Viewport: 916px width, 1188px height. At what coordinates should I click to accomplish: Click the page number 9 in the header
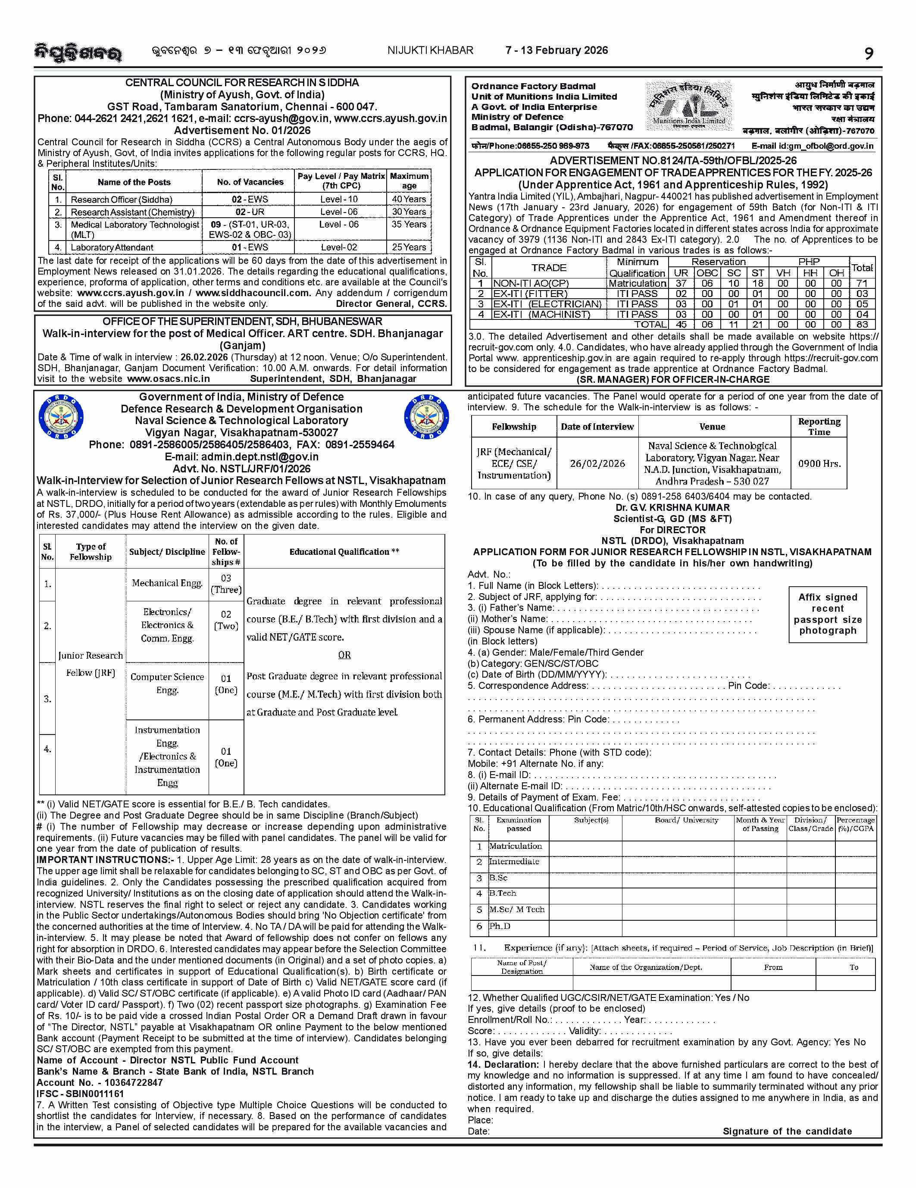[869, 54]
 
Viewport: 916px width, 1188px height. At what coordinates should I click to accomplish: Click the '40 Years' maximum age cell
[409, 200]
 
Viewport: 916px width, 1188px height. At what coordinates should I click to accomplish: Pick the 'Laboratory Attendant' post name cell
[112, 247]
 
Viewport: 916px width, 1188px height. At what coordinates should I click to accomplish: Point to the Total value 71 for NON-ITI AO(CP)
[862, 283]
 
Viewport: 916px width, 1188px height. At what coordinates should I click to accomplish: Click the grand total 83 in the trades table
[862, 325]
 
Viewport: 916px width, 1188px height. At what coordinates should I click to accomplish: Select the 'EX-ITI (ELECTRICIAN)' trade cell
[547, 304]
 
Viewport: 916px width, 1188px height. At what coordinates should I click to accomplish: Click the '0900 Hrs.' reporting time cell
[819, 463]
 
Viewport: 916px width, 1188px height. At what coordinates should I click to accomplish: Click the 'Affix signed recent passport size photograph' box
[827, 614]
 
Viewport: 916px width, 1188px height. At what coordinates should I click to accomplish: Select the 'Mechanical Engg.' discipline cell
[167, 583]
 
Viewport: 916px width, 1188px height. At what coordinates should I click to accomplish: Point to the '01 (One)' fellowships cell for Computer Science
[226, 684]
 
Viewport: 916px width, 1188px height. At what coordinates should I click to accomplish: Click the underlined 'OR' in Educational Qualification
[344, 655]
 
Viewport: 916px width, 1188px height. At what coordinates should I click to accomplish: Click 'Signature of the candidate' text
[787, 1132]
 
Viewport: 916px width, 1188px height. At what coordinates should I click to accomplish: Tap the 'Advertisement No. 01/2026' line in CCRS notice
[242, 131]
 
